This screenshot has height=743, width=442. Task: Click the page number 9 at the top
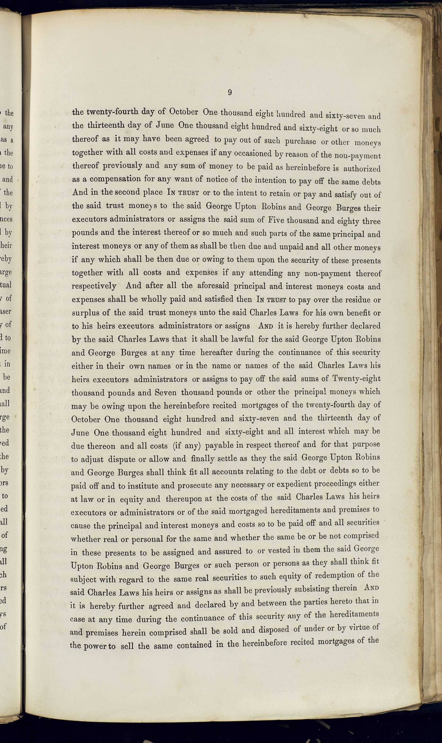(x=230, y=92)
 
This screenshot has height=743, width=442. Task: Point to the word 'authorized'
(x=362, y=169)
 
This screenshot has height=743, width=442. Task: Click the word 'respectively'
(x=94, y=287)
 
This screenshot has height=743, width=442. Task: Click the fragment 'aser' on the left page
(x=6, y=312)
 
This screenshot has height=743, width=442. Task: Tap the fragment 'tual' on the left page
(x=6, y=285)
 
